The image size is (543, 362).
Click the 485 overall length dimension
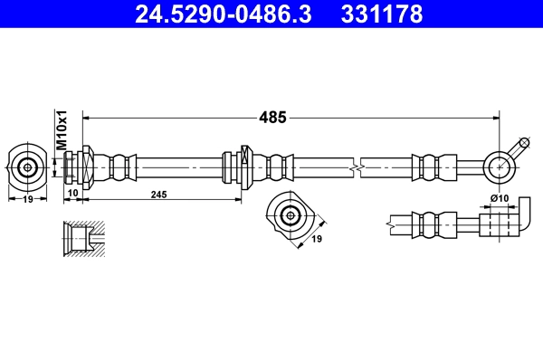(x=272, y=117)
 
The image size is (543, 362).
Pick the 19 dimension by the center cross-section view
(x=318, y=241)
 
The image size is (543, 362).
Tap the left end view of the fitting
(x=28, y=167)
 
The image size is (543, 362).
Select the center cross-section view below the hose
(x=290, y=215)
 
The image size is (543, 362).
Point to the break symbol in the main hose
(x=358, y=167)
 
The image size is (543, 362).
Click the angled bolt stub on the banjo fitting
(x=519, y=147)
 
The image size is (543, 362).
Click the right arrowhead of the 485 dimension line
(x=496, y=117)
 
